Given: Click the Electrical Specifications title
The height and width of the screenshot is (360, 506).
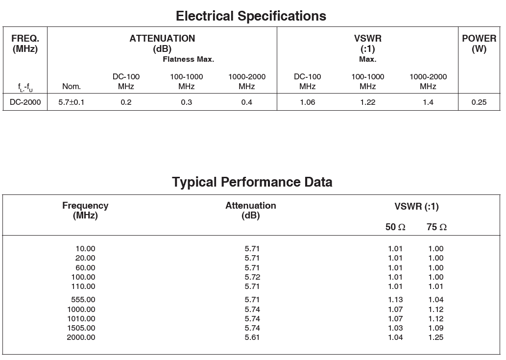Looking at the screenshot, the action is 251,16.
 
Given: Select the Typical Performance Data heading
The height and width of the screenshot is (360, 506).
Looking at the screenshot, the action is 252,182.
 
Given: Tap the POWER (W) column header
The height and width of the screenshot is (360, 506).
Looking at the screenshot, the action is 479,44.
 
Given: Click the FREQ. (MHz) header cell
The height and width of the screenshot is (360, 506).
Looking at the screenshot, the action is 25,44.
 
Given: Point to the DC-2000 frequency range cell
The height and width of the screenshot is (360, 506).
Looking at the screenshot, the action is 25,102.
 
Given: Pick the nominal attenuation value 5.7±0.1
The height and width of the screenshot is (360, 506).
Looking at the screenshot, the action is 72,102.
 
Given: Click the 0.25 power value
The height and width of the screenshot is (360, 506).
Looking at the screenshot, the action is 479,102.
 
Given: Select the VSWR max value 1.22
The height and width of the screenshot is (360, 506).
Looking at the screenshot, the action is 368,102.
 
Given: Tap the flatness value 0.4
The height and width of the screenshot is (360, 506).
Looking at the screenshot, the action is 247,102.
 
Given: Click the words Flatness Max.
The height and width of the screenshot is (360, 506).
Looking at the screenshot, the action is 189,59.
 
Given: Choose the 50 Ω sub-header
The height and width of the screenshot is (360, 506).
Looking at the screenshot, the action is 395,227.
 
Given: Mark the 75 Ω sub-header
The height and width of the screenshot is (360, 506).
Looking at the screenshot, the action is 436,227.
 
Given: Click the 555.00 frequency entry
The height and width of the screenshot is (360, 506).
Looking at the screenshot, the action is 83,300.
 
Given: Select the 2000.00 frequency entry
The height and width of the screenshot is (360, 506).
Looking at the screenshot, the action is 81,337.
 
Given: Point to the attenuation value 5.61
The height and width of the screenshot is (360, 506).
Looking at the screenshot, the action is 252,337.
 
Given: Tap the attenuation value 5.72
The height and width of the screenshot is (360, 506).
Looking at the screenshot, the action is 252,277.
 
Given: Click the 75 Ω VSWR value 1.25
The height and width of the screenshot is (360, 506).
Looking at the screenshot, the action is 436,337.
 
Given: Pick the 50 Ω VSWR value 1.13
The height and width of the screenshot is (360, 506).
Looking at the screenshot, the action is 395,300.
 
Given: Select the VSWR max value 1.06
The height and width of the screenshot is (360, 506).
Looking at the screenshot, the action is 308,102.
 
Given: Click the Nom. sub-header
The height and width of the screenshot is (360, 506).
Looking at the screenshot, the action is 72,87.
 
